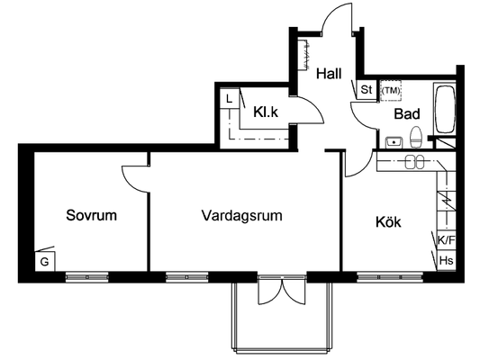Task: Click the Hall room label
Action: click(x=329, y=74)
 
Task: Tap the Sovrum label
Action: click(x=92, y=215)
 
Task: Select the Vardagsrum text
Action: click(x=242, y=216)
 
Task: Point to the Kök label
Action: click(x=388, y=221)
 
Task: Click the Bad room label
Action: click(x=407, y=113)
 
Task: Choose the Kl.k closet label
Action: click(x=266, y=112)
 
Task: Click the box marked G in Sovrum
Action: click(x=45, y=262)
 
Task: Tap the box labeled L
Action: click(x=230, y=98)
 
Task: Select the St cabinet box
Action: click(x=367, y=90)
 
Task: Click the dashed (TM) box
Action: click(x=391, y=91)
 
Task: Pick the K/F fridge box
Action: click(x=447, y=240)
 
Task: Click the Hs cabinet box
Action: click(x=447, y=261)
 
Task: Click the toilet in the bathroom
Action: click(x=416, y=137)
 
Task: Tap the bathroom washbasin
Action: click(x=394, y=142)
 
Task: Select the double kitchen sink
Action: click(x=415, y=162)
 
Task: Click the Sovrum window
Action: click(x=87, y=277)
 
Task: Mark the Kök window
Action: click(x=390, y=277)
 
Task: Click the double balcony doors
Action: click(x=282, y=289)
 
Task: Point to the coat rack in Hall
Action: click(x=304, y=54)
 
